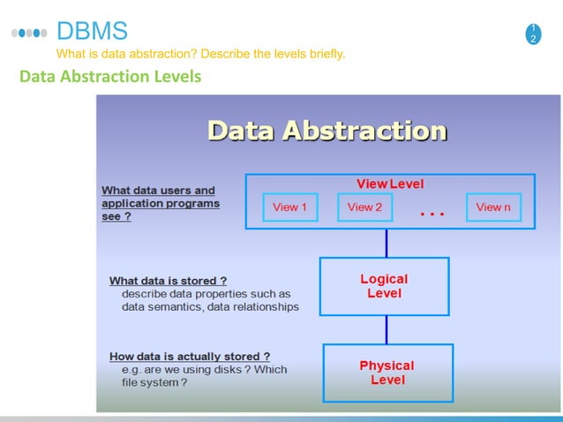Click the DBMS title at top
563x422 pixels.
[92, 32]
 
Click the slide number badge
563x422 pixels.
[533, 34]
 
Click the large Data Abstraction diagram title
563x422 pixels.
[327, 132]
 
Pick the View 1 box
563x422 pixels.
[290, 207]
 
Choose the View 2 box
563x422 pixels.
[364, 207]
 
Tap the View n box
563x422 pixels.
[492, 207]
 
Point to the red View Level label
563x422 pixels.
[389, 184]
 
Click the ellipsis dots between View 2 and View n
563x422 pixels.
[432, 213]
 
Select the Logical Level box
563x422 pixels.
[384, 286]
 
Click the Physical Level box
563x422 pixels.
[387, 373]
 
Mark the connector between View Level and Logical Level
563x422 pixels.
[386, 243]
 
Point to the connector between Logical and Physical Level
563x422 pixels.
[386, 329]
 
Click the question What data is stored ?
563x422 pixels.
[168, 281]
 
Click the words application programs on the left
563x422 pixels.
[161, 203]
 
